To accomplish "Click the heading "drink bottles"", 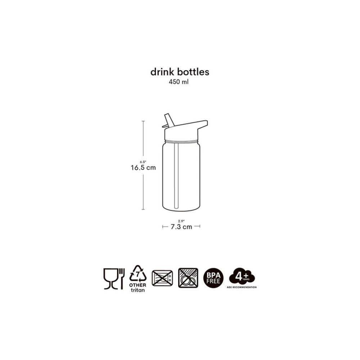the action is [x=180, y=72].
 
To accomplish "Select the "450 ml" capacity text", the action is [x=179, y=82].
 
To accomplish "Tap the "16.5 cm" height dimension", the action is [x=143, y=168].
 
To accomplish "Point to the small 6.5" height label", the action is [x=143, y=162].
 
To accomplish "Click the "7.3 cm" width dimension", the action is [x=181, y=227].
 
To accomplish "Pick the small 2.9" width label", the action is [x=181, y=221].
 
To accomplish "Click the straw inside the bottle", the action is [x=176, y=176].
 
